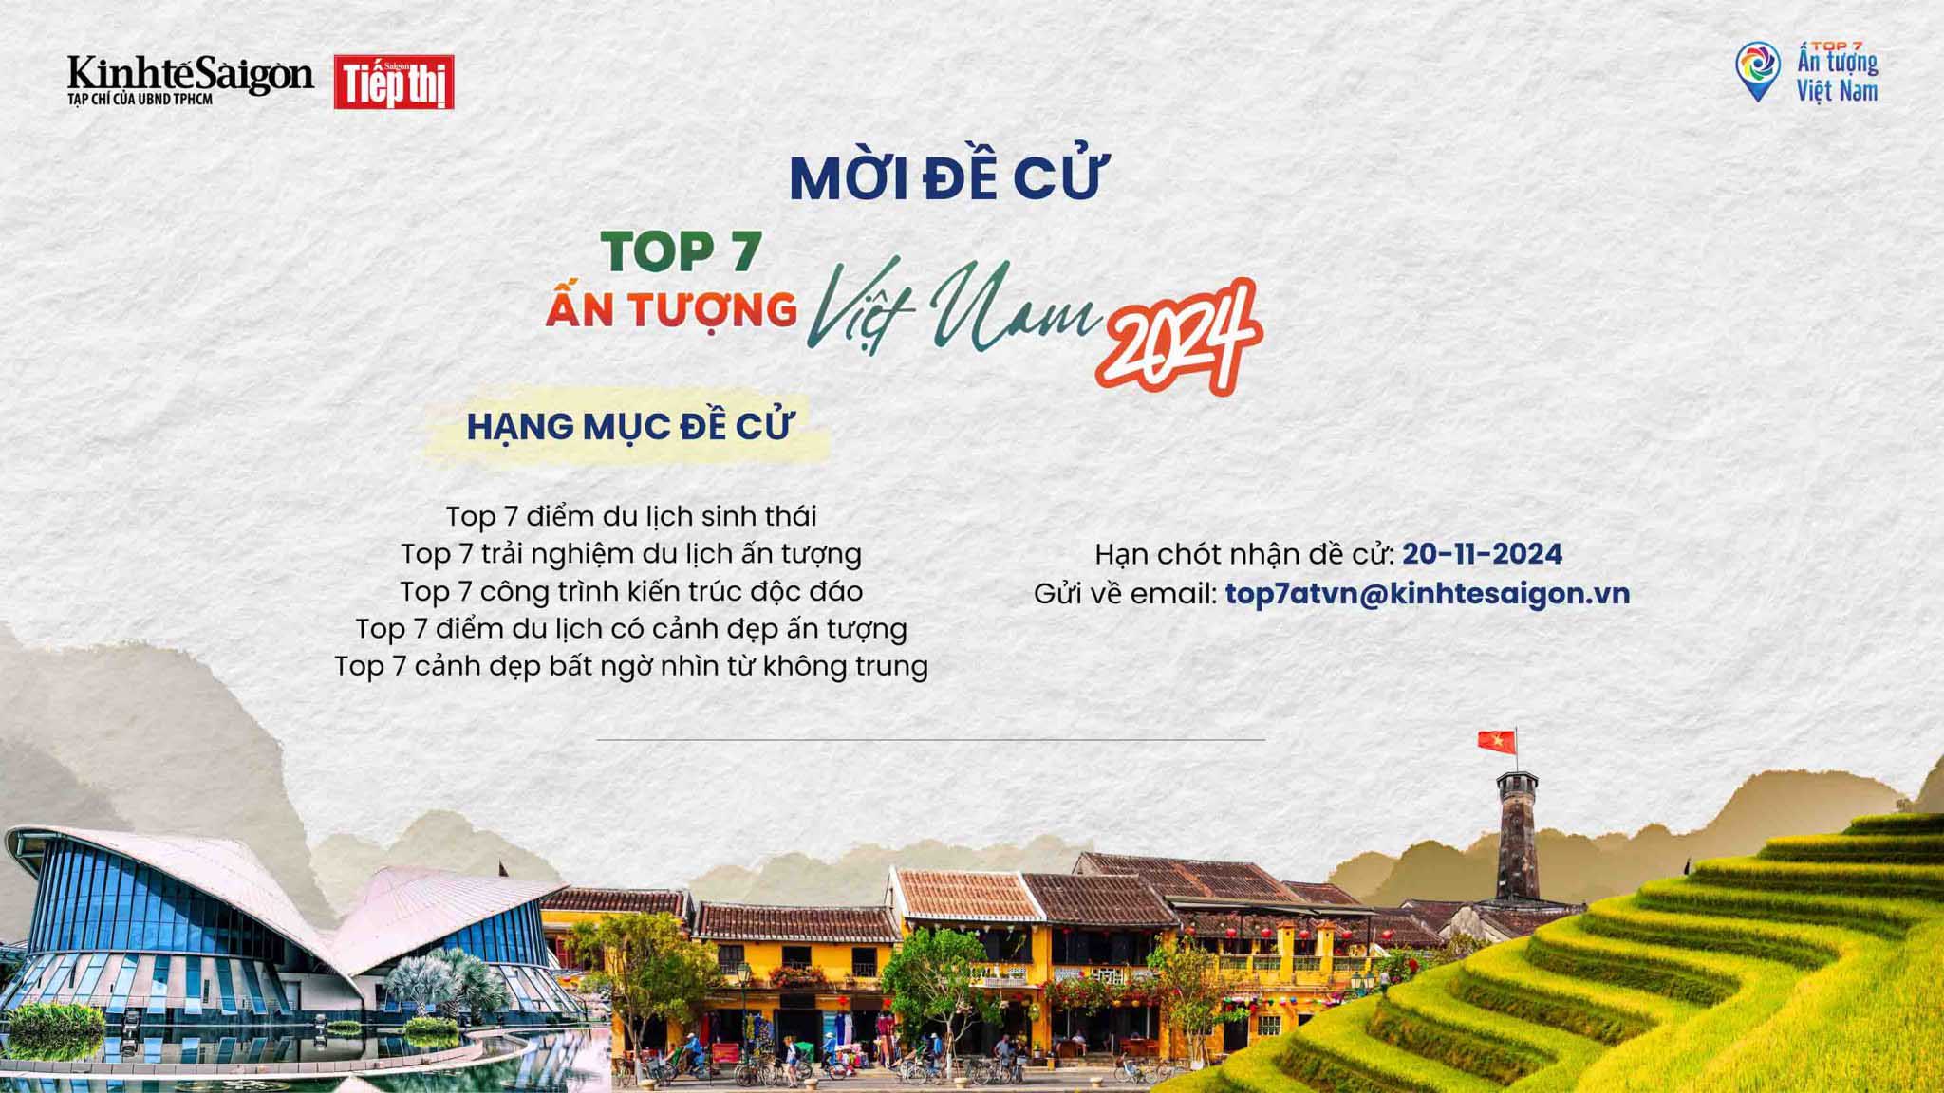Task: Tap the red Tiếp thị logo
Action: [394, 83]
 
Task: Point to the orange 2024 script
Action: [1178, 337]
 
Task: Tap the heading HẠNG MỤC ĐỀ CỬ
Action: [628, 427]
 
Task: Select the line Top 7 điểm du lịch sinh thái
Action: [631, 516]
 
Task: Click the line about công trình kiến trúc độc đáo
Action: [631, 591]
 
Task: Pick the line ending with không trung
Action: [631, 666]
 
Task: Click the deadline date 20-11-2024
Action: [1483, 554]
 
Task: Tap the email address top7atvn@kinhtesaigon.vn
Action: [1428, 594]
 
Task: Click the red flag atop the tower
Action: [1495, 739]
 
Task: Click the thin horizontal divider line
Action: [930, 739]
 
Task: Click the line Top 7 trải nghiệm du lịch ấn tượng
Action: [631, 553]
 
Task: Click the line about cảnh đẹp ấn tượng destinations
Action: [631, 628]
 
